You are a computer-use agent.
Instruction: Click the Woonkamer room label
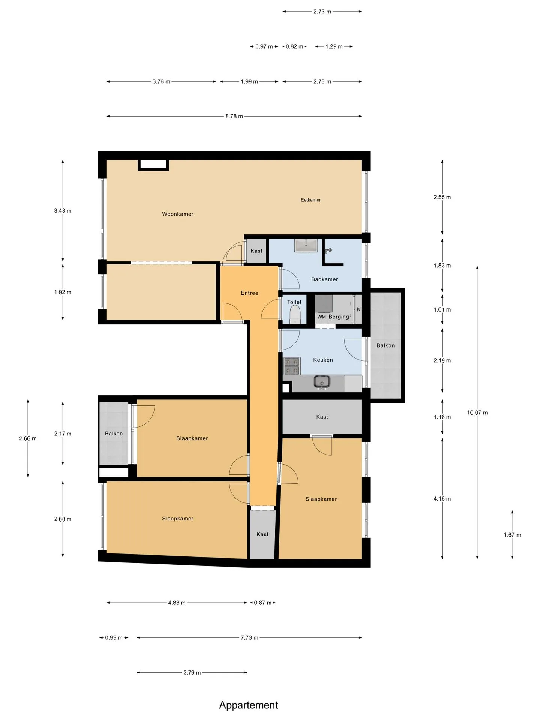click(178, 214)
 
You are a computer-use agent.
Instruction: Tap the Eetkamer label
click(311, 200)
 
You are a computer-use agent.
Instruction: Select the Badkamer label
click(325, 279)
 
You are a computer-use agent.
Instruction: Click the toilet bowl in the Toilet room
click(295, 314)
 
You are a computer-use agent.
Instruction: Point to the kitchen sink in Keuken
click(322, 382)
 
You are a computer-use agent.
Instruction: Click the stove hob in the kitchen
click(292, 366)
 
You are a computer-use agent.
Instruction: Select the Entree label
click(250, 293)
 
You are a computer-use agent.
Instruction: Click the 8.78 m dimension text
click(234, 117)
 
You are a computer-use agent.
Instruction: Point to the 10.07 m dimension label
click(477, 413)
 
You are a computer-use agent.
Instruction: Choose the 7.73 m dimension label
click(249, 637)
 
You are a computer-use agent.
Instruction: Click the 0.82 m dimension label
click(294, 46)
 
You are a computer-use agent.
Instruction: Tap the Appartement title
click(249, 705)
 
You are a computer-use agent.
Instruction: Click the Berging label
click(339, 317)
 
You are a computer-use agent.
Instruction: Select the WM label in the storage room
click(322, 317)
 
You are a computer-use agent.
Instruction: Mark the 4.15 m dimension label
click(442, 499)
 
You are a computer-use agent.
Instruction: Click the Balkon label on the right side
click(385, 345)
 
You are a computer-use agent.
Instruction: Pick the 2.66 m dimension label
click(28, 438)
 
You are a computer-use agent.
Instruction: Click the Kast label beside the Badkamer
click(256, 251)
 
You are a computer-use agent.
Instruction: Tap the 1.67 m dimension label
click(512, 535)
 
